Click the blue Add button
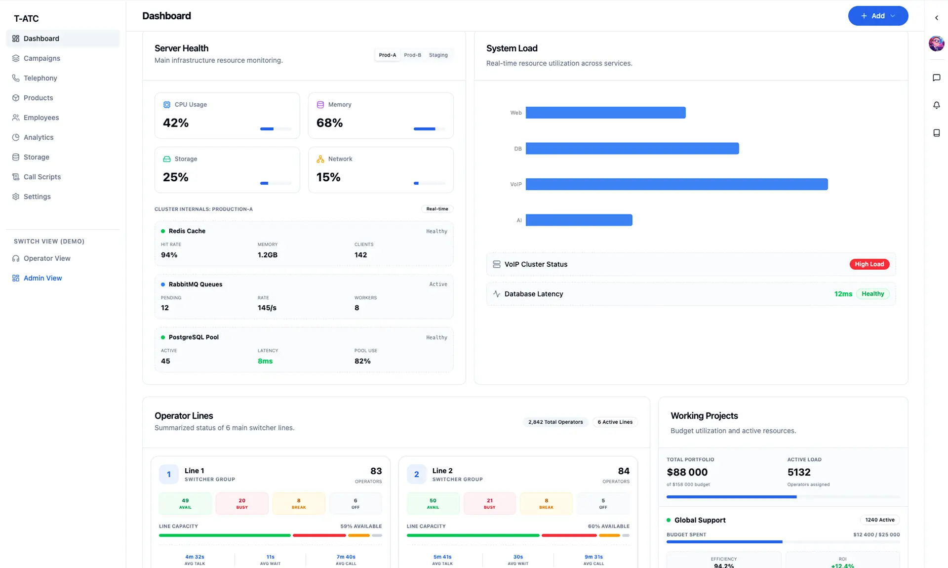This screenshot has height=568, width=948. tap(877, 16)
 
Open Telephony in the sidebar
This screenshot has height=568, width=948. tap(40, 78)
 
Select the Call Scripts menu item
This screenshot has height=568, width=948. tap(42, 177)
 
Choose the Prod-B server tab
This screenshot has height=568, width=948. tap(412, 55)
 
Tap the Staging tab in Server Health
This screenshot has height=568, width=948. tap(438, 55)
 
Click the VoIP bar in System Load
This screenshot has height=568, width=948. tap(676, 184)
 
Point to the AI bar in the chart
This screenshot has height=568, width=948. tap(579, 220)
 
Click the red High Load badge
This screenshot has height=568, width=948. tap(869, 264)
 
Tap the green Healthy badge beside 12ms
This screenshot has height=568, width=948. tap(872, 294)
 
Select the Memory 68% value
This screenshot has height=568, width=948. tap(329, 123)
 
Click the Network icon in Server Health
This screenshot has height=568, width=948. tap(320, 159)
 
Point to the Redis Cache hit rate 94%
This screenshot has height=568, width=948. tap(169, 255)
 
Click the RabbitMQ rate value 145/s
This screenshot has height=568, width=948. tap(267, 308)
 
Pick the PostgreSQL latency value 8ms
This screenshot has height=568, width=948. tap(265, 361)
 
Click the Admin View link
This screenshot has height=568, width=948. tap(42, 278)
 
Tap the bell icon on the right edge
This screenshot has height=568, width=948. tap(936, 105)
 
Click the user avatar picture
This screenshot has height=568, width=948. tap(936, 43)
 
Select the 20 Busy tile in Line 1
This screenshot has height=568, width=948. tap(242, 503)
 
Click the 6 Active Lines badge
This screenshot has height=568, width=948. tap(615, 422)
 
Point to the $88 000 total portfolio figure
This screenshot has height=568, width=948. tap(687, 472)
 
